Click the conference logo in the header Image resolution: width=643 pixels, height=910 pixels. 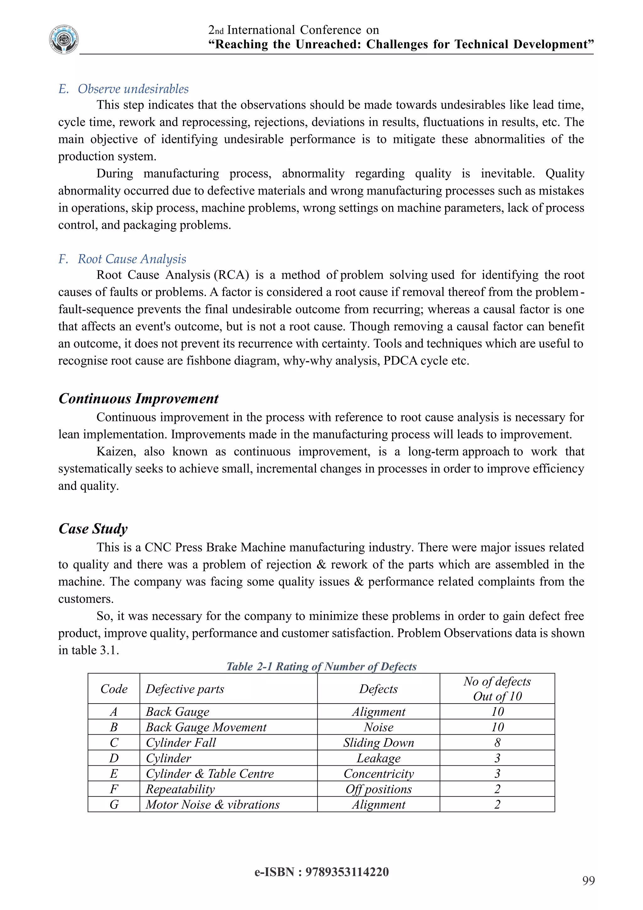tap(64, 39)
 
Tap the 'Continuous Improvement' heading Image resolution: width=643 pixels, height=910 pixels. tap(138, 398)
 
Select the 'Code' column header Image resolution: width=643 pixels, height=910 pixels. tap(114, 689)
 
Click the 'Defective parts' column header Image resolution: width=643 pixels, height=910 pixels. tap(185, 689)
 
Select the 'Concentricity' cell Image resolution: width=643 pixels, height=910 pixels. tap(379, 774)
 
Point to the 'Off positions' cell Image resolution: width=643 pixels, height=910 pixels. tap(379, 789)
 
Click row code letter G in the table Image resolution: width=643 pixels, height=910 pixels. tap(114, 804)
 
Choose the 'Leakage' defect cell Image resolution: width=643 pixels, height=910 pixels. tap(379, 758)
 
